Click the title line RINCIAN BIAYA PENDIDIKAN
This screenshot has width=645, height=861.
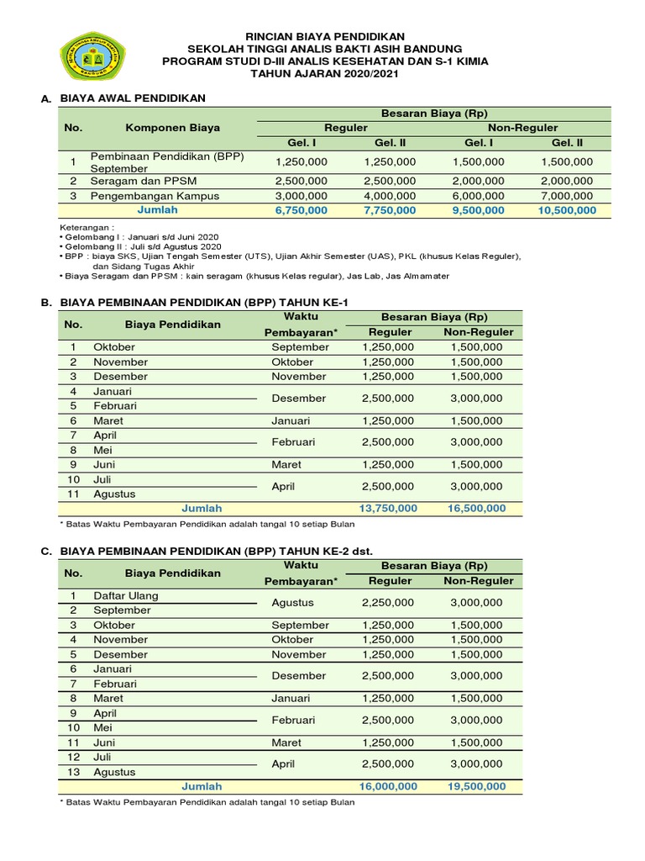[x=324, y=36]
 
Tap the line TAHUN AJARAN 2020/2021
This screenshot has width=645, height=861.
[x=324, y=74]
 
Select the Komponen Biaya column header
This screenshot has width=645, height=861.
[x=173, y=128]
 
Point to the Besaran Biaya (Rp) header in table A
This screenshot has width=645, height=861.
[x=434, y=114]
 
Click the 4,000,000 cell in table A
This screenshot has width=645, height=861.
[x=390, y=196]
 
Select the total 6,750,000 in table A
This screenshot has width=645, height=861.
[x=301, y=210]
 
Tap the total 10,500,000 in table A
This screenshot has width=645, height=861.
[x=567, y=210]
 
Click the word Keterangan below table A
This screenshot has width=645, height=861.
[x=87, y=228]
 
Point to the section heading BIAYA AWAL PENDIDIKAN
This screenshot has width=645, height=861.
[x=133, y=98]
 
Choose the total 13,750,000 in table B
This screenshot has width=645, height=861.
[x=388, y=508]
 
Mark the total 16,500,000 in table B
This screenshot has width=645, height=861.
[x=475, y=508]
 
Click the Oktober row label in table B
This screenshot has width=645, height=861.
[x=114, y=347]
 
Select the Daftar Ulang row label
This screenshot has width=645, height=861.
[x=126, y=595]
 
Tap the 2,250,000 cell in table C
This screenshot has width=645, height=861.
[x=388, y=603]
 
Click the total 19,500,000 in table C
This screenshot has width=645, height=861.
[x=475, y=786]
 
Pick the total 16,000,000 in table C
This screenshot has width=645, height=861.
[x=388, y=786]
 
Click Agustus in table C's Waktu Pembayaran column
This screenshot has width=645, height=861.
[x=293, y=603]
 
